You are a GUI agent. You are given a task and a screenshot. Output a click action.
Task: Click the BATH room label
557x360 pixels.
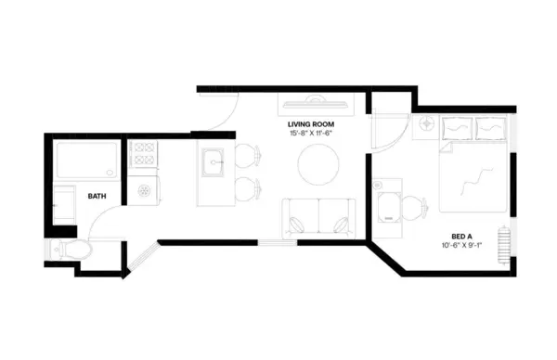coord(97,197)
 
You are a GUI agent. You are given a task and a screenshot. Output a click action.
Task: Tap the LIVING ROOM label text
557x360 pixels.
coord(311,123)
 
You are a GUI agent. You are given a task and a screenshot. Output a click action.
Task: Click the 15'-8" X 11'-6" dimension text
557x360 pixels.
coord(311,134)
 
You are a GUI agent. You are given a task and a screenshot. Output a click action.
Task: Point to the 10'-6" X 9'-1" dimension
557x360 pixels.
coord(461,248)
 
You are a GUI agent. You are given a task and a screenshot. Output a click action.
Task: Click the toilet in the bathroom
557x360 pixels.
coord(71,248)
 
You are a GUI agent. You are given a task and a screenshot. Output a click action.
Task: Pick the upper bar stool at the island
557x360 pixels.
coord(246,156)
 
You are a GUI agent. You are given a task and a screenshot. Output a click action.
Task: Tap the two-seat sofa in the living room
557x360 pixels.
coord(317,217)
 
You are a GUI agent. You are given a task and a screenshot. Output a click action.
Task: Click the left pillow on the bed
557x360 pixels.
coord(456,130)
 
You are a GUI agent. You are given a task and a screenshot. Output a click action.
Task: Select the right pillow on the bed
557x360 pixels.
coord(490,130)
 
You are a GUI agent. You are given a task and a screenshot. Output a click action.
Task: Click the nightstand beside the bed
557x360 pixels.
coord(427,123)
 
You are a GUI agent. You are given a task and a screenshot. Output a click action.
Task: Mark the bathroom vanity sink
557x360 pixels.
coord(65,202)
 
